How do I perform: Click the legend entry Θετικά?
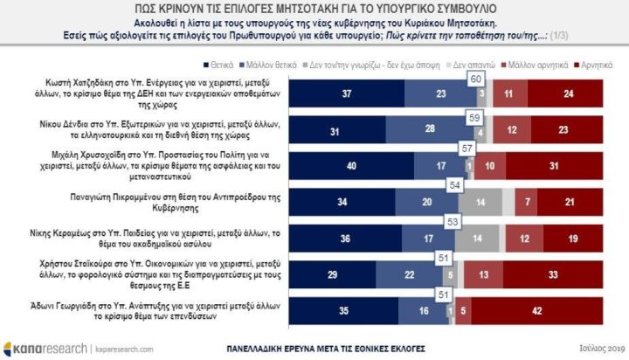click(218, 65)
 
